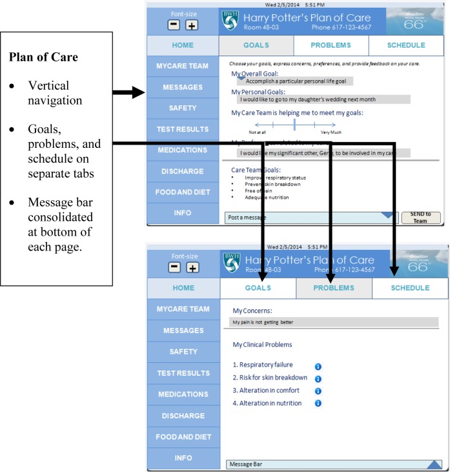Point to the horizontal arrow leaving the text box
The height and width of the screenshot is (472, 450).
tap(129, 94)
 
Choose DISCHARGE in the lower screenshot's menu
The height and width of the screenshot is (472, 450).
tap(183, 415)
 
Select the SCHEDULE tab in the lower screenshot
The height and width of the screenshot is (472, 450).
tap(409, 287)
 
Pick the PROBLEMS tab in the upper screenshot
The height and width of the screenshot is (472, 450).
tap(331, 45)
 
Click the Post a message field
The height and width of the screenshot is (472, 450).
tap(303, 218)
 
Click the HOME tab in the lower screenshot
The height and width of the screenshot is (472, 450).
tap(183, 288)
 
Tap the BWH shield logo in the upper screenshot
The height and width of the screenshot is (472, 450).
tap(230, 21)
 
